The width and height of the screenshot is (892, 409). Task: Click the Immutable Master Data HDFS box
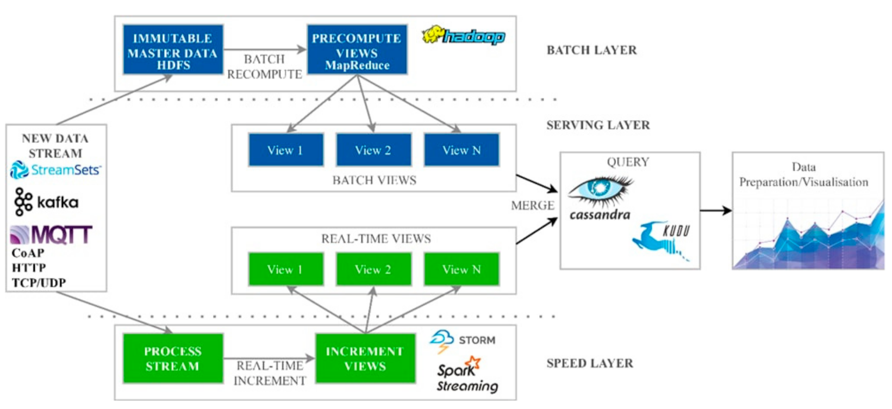point(173,49)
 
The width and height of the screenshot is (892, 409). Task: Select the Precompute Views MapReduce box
point(357,49)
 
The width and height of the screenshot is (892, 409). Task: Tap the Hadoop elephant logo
point(464,36)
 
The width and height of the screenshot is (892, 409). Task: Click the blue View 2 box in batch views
point(373,150)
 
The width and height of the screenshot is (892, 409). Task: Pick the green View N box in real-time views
point(461,269)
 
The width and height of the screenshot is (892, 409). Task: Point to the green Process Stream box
point(173,358)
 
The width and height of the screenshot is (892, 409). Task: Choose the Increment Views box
point(365,358)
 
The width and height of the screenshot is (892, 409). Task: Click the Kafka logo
point(46,202)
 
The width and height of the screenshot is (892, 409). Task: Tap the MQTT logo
point(51,235)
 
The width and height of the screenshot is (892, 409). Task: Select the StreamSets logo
point(55,170)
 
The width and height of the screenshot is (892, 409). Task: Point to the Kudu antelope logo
point(662,239)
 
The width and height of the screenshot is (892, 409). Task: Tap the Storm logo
point(463,341)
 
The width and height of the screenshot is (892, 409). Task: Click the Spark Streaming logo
point(467,376)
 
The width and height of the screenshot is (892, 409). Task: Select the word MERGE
point(532,206)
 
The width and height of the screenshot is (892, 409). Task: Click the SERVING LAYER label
point(598,125)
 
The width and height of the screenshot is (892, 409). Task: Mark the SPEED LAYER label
point(590,363)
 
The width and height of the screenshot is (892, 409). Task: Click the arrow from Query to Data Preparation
point(716,210)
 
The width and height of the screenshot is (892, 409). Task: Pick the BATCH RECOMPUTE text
point(264,66)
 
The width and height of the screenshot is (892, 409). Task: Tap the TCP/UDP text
point(39,283)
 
